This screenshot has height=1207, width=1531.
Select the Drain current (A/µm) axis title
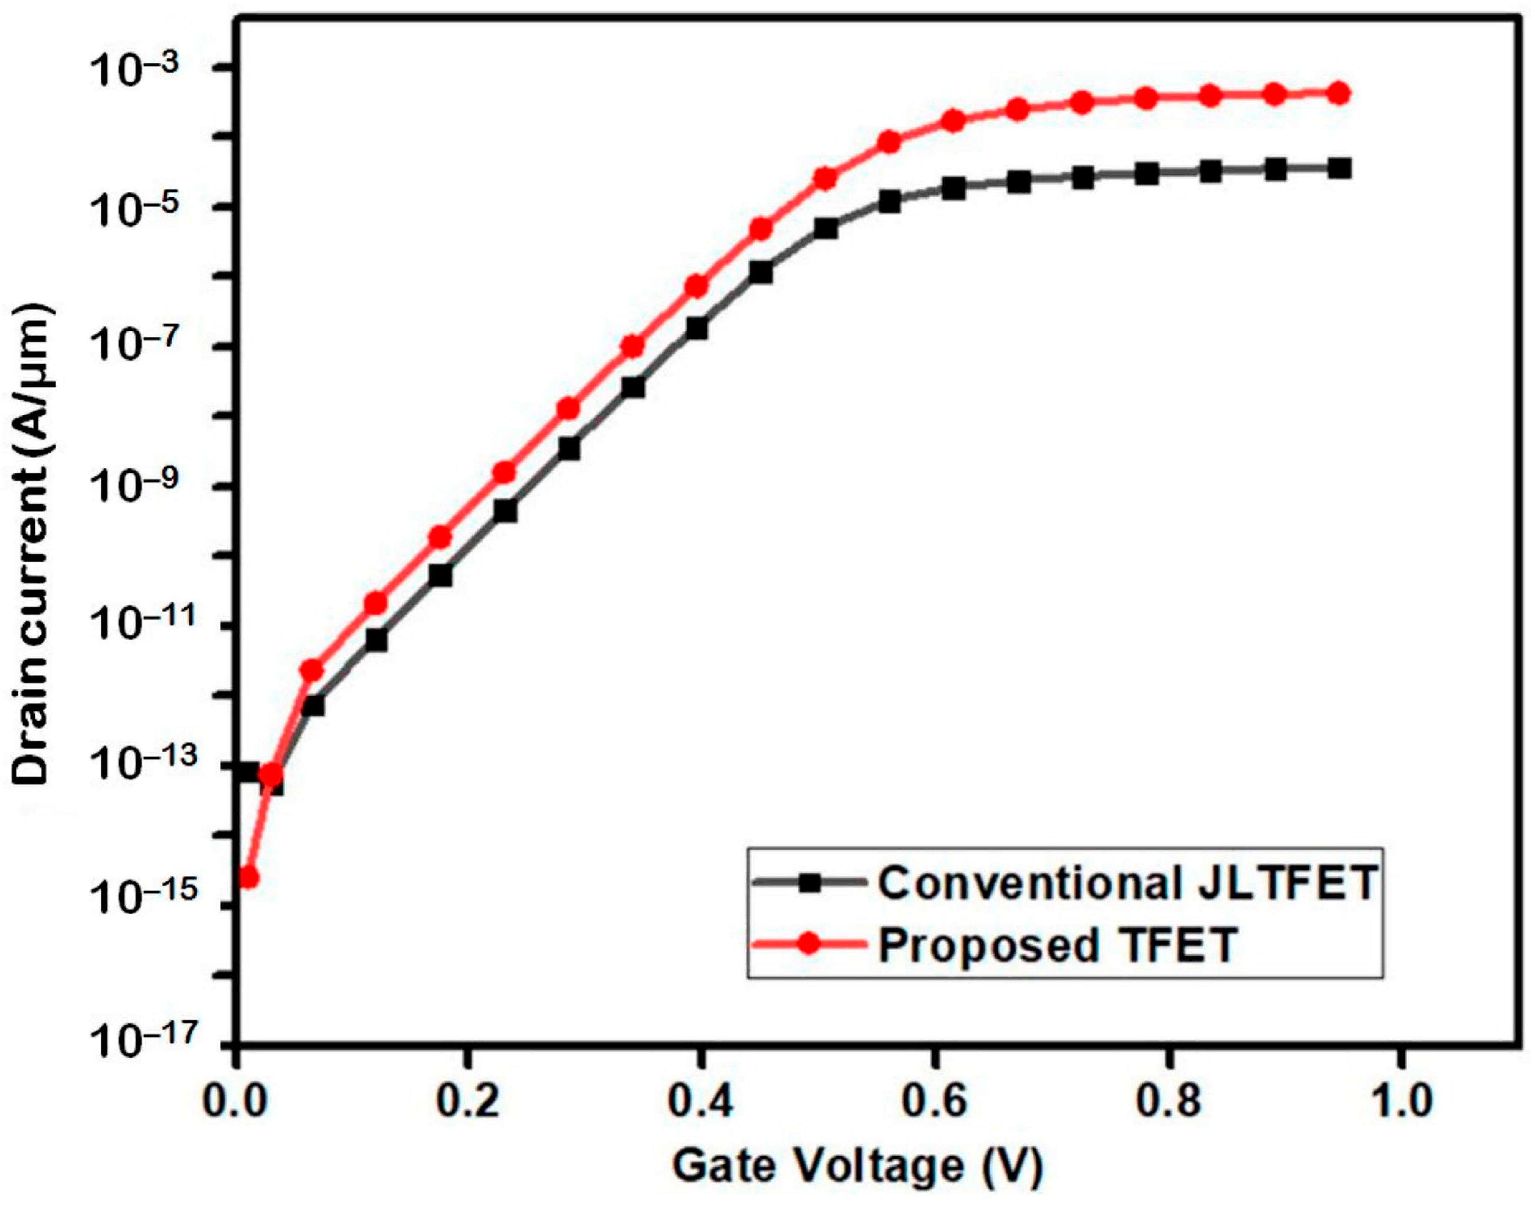click(x=32, y=544)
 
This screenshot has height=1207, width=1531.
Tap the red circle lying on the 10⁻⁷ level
click(x=633, y=346)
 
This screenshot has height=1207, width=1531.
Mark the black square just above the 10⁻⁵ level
click(x=890, y=201)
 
